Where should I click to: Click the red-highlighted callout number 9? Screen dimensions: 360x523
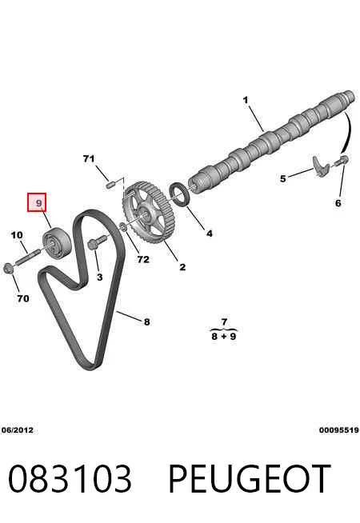click(39, 202)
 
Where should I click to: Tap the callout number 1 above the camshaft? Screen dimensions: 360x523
click(246, 100)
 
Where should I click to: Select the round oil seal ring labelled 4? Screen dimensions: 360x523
click(180, 194)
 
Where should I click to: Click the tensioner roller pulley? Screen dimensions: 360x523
click(57, 242)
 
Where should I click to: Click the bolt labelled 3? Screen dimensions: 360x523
click(97, 242)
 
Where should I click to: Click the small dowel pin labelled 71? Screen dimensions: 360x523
click(110, 184)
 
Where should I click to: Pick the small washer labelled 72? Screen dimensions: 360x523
click(122, 227)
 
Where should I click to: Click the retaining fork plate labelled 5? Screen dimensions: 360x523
click(322, 166)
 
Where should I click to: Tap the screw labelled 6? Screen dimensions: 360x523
click(342, 161)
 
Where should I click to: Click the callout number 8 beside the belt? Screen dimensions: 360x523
click(147, 321)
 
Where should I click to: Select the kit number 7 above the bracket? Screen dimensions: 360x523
click(224, 322)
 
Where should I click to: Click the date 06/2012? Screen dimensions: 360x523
click(18, 430)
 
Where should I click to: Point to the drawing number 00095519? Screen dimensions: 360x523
click(339, 430)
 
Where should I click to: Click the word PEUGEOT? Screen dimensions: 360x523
click(250, 479)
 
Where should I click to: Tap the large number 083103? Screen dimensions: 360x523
click(70, 479)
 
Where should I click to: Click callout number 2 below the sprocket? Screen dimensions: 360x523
click(182, 267)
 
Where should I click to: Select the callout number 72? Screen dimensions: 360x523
click(143, 259)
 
